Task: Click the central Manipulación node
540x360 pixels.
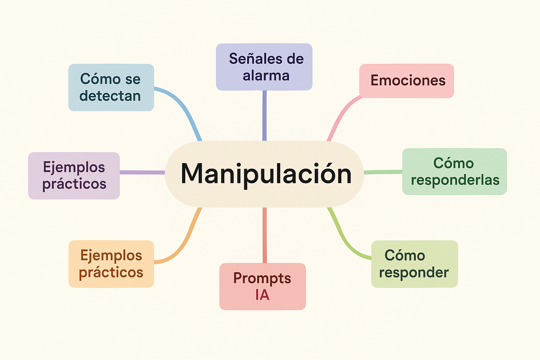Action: [264, 174]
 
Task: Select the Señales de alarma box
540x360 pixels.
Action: [264, 67]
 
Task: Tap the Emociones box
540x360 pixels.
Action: [406, 81]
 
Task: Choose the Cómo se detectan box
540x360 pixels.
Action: [111, 88]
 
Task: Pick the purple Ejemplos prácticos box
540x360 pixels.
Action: [74, 175]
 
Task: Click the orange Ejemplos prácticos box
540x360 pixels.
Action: [111, 264]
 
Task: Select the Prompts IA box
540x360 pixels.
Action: [262, 286]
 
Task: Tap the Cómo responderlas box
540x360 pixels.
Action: [454, 172]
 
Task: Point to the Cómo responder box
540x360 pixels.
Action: [414, 264]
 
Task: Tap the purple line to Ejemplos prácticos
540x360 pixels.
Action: [142, 172]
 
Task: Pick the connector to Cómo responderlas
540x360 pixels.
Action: [383, 172]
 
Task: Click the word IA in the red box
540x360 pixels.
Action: [262, 295]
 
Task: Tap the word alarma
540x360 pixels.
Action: [266, 76]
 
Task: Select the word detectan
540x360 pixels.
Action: [110, 96]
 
